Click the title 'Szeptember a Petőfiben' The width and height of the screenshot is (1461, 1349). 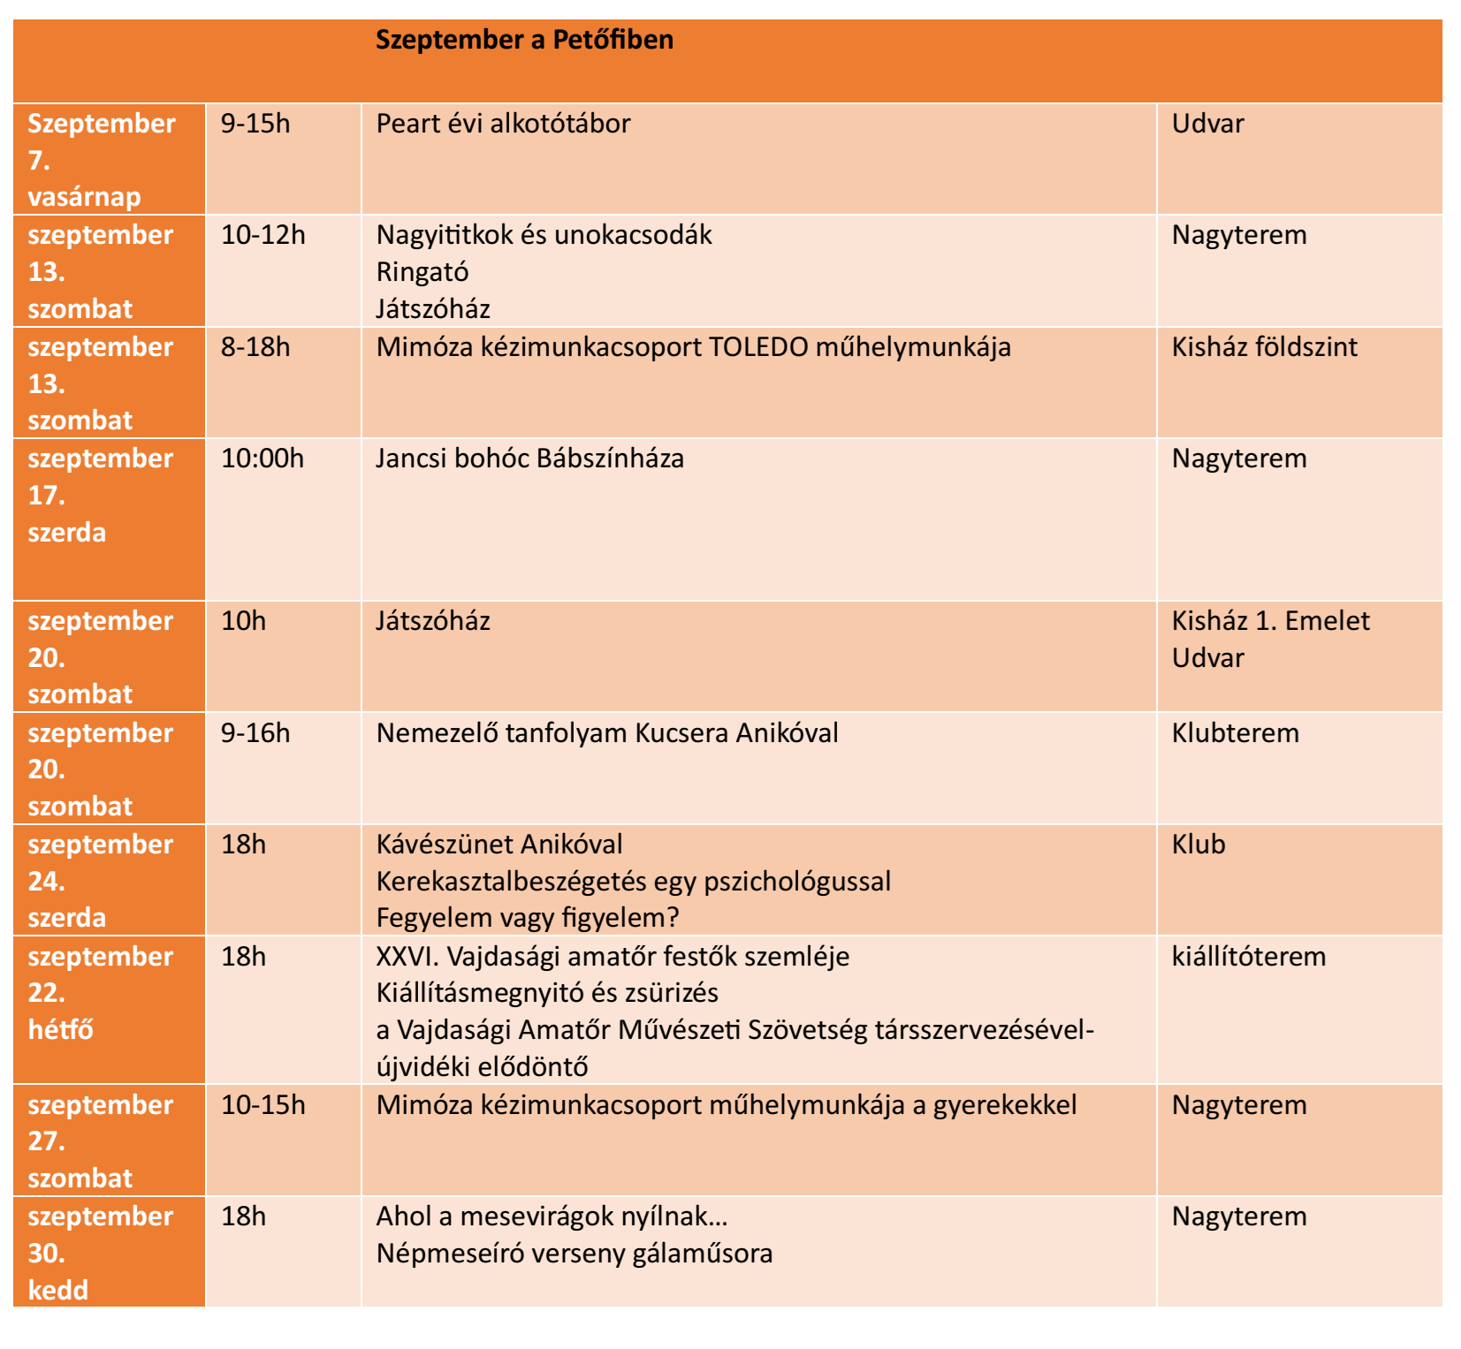point(524,40)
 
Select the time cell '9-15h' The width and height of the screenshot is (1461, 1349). point(255,124)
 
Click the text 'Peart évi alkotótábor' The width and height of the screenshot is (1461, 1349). point(503,124)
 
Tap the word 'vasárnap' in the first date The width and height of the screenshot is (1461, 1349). point(84,197)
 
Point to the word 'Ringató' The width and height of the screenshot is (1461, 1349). point(422,272)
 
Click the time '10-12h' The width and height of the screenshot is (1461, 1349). point(263,235)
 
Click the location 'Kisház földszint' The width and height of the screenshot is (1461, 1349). point(1264,347)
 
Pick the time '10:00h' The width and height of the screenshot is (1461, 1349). point(262,459)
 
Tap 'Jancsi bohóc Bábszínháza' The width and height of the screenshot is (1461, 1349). point(529,459)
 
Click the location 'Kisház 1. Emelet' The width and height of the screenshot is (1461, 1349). point(1270,621)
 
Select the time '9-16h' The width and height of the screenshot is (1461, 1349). point(255,733)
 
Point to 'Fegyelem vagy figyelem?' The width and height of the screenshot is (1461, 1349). point(527,918)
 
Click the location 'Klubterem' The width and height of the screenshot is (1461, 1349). point(1235,733)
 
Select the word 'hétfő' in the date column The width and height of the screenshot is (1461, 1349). point(60,1030)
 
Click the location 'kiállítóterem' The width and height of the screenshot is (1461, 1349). point(1248,957)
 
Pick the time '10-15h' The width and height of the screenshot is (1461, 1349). point(263,1105)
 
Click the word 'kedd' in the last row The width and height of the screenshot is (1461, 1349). point(57,1291)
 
